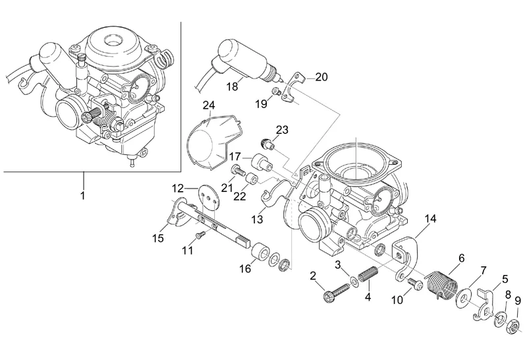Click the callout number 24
(208, 105)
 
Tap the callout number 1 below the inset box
(83, 195)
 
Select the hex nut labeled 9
(514, 326)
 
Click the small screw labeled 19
(276, 90)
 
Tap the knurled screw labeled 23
(267, 144)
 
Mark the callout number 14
(430, 219)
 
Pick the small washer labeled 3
(354, 281)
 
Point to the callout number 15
(157, 238)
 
